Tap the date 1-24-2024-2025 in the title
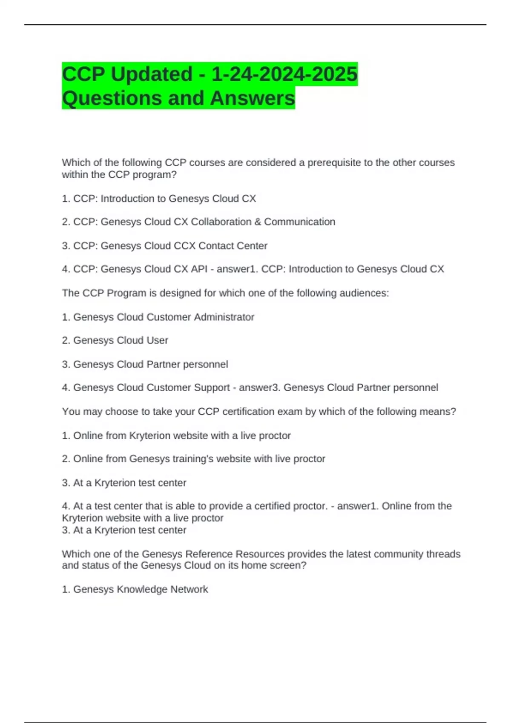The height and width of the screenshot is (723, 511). [x=284, y=74]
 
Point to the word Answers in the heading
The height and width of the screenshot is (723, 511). [x=252, y=98]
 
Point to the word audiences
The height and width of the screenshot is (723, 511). [x=364, y=293]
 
